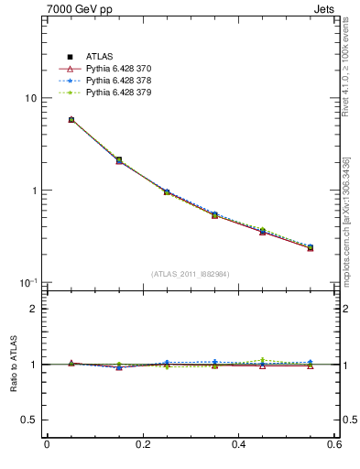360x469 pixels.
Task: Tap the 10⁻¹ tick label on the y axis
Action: pyautogui.click(x=28, y=282)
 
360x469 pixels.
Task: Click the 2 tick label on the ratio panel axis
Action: pyautogui.click(x=34, y=309)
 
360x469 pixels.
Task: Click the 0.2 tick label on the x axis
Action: pyautogui.click(x=142, y=444)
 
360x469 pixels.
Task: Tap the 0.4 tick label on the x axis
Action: pyautogui.click(x=238, y=444)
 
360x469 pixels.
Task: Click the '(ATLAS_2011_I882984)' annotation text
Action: pyautogui.click(x=191, y=274)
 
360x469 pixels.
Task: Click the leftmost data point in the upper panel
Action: pyautogui.click(x=71, y=119)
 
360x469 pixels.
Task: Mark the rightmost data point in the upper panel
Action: pyautogui.click(x=311, y=247)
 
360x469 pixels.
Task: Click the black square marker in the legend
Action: pyautogui.click(x=70, y=57)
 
